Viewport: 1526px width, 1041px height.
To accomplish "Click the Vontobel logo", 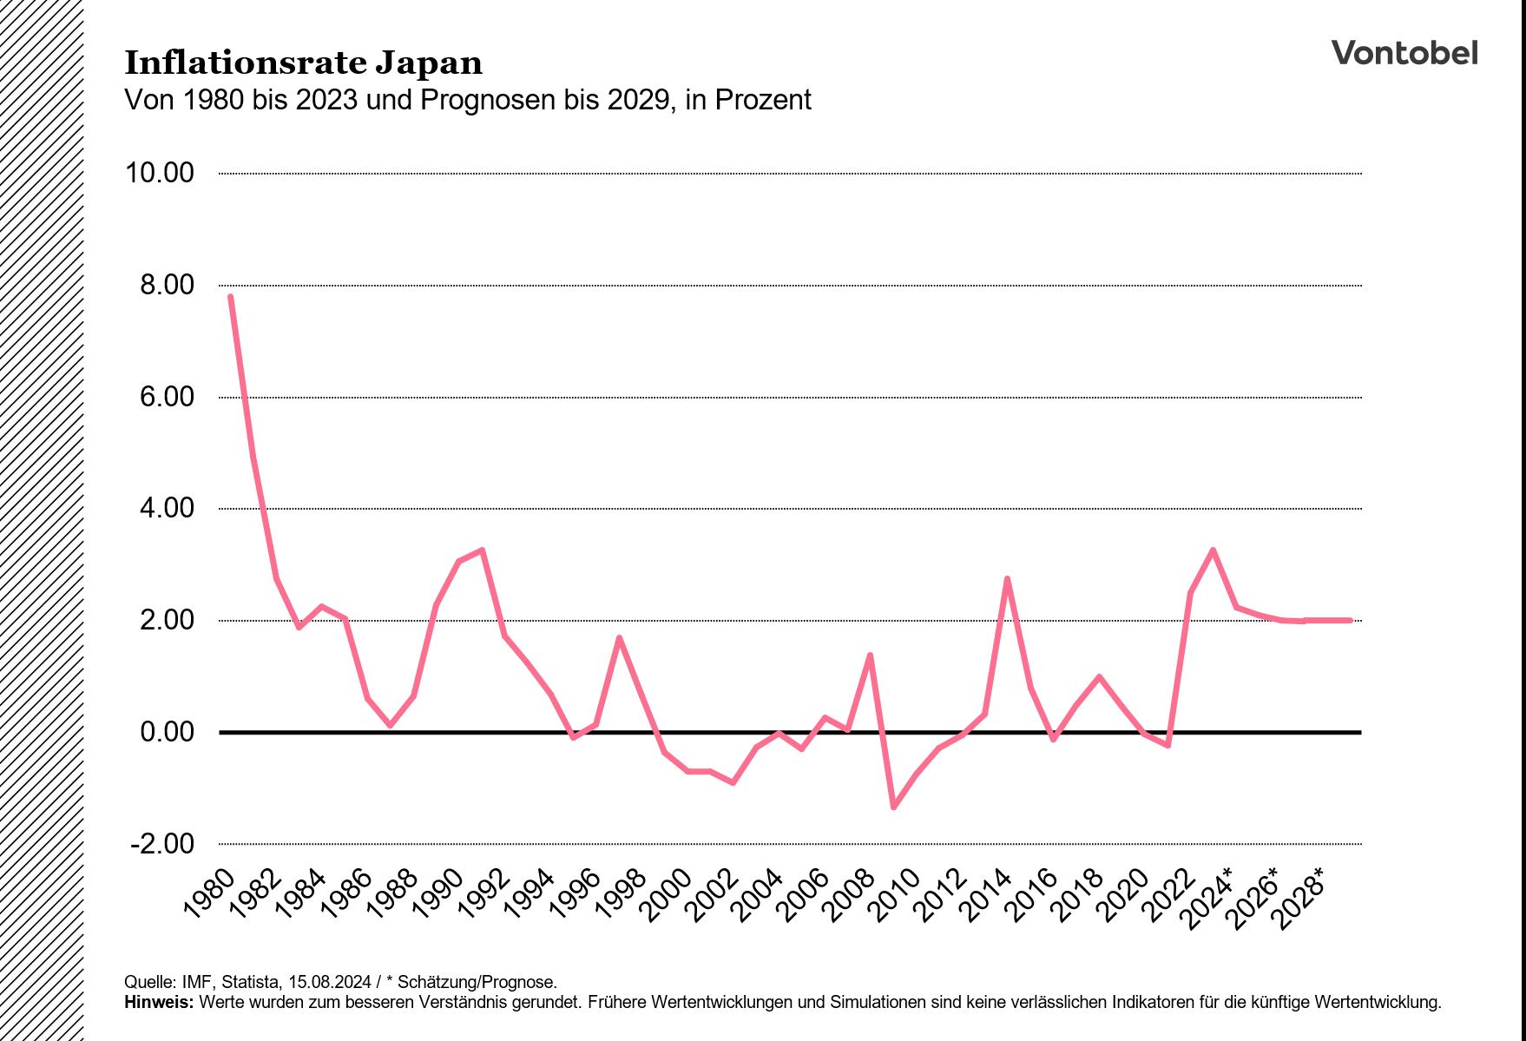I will [x=1404, y=53].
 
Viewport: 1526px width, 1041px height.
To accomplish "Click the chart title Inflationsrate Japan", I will [x=304, y=63].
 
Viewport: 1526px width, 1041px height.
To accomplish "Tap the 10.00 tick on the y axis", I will [x=160, y=173].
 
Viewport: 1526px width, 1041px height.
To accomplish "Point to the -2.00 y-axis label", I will [x=162, y=844].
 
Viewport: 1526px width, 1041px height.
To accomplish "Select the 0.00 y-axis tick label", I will [x=167, y=732].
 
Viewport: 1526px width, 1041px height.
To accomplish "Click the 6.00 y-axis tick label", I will [x=167, y=397].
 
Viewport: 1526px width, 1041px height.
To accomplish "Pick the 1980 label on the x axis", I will [x=210, y=893].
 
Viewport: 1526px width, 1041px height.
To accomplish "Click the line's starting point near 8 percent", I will [x=230, y=297].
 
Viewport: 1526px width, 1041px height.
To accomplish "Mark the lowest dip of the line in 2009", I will [x=893, y=807].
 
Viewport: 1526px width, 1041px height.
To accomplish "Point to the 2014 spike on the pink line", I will [x=1007, y=579].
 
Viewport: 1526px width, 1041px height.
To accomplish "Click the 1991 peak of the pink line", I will [x=482, y=550].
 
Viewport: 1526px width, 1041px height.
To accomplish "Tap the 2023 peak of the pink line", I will [x=1213, y=550].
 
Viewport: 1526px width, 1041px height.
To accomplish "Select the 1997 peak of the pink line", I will [x=619, y=638].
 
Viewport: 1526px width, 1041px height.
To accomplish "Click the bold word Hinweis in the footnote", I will [x=159, y=1002].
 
